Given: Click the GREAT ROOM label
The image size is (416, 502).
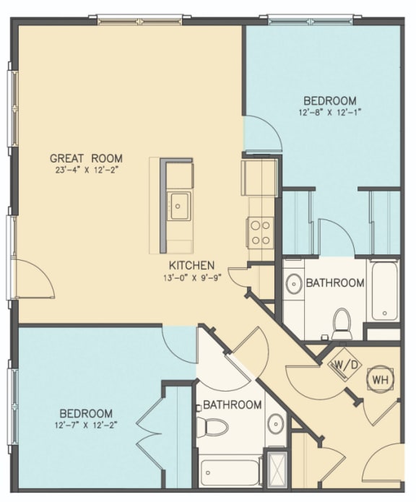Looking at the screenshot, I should [x=86, y=158].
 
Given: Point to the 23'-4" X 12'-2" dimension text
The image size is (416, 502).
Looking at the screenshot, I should [x=86, y=170].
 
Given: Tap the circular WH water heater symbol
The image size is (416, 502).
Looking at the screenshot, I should [x=378, y=376].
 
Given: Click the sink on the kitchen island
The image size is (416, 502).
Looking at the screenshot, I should [x=178, y=204].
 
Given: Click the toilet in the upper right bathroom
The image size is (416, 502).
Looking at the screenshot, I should [x=341, y=322].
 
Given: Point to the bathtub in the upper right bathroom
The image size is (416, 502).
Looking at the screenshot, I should [x=383, y=293].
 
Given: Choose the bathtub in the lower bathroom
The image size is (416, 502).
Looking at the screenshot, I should [x=230, y=472].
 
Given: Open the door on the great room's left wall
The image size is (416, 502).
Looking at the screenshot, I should [x=34, y=278].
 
